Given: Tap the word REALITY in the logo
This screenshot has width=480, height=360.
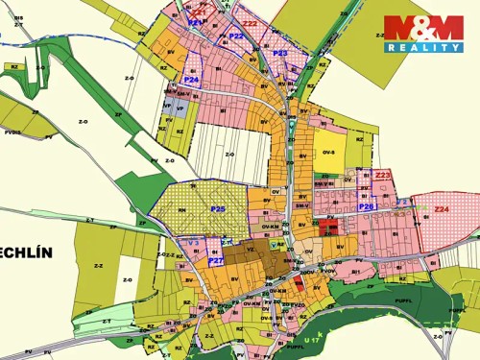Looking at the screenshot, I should tap(423, 46).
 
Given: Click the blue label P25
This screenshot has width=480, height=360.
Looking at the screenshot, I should tap(218, 208).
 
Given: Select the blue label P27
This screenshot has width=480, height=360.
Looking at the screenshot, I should tap(216, 260).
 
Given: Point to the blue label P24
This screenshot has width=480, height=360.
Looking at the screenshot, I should tap(192, 80).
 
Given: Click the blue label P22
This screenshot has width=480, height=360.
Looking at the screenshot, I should tap(236, 36).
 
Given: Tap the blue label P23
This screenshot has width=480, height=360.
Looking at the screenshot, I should tap(279, 54).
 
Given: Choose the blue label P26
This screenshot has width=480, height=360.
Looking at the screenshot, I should tap(366, 206).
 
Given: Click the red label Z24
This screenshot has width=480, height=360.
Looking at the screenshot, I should tap(441, 208).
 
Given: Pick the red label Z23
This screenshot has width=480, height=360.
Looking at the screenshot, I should tap(383, 175).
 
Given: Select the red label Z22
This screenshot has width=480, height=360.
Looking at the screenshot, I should tap(250, 23).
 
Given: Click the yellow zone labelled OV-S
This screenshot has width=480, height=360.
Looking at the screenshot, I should tap(329, 152).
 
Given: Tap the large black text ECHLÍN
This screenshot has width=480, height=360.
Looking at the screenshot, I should tap(26, 252).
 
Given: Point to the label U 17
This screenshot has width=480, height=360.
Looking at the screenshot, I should tap(310, 341).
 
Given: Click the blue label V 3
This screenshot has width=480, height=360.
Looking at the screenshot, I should tap(193, 242).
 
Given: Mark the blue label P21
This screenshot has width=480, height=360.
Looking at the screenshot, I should tap(195, 21).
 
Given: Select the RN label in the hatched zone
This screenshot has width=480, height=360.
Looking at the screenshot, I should tap(181, 184).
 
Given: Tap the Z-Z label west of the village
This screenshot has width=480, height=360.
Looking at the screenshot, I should tap(98, 266).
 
